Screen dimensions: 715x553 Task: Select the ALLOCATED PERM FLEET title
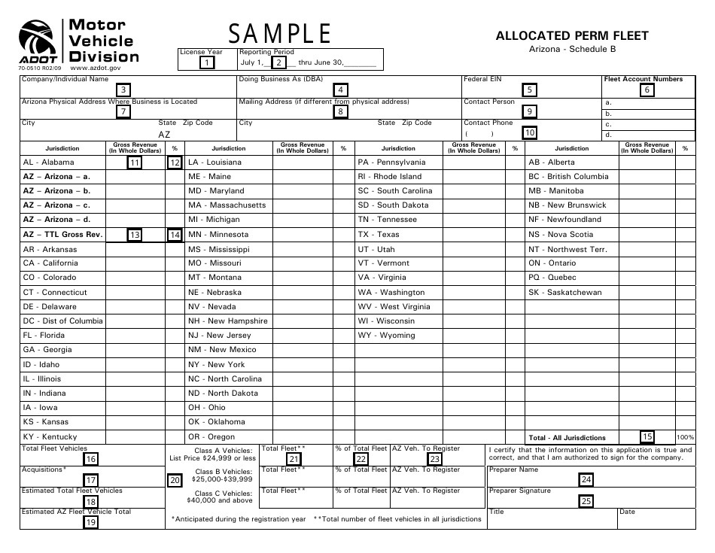[571, 35]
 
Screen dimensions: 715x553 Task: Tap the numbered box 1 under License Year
[207, 63]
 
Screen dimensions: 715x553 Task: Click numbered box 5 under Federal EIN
[531, 90]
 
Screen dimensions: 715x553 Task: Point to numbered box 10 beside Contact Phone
[531, 133]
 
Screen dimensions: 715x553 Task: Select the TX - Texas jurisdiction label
[379, 234]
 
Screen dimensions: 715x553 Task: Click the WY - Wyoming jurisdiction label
[386, 336]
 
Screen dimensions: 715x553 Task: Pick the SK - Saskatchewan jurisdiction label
[565, 292]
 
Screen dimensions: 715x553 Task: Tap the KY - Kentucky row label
[50, 437]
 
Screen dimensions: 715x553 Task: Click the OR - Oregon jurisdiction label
[211, 437]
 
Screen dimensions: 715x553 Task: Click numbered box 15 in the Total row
[647, 436]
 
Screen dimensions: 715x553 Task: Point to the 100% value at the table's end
[685, 437]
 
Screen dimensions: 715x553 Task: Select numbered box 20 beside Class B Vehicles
[175, 480]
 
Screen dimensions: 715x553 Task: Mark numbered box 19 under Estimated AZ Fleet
[90, 521]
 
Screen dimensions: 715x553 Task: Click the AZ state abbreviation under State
[164, 134]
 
